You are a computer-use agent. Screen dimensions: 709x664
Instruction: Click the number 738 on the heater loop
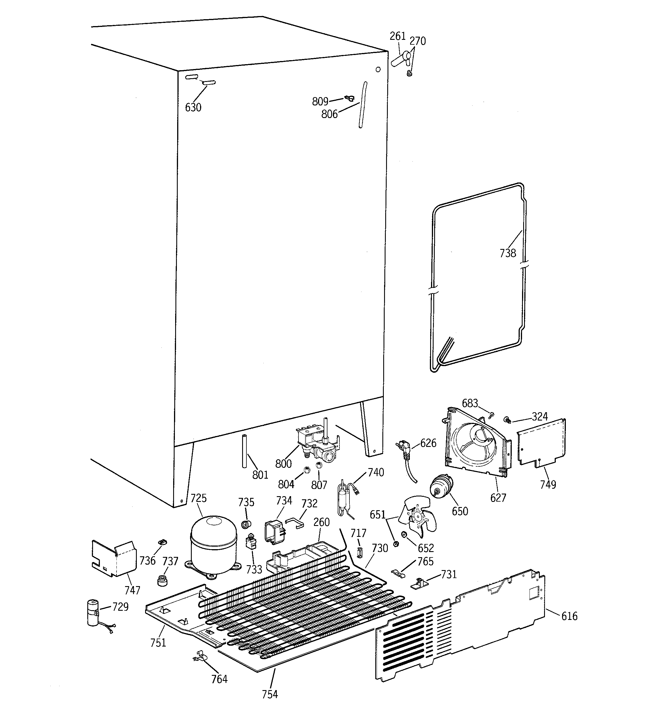507,253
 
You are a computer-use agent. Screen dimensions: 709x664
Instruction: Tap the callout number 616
569,616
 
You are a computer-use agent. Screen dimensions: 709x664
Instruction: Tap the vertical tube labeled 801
244,451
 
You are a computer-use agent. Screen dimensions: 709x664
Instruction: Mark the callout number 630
193,107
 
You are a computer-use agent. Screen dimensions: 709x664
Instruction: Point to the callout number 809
320,102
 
